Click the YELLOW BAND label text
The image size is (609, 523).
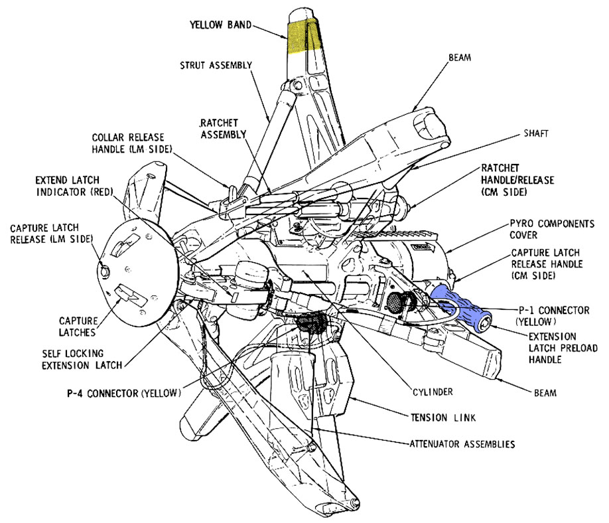(220, 25)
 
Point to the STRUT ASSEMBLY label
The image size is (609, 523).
(216, 65)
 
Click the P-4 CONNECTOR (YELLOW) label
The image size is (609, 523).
(123, 393)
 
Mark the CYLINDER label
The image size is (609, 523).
(432, 392)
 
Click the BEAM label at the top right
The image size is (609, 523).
(459, 58)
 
